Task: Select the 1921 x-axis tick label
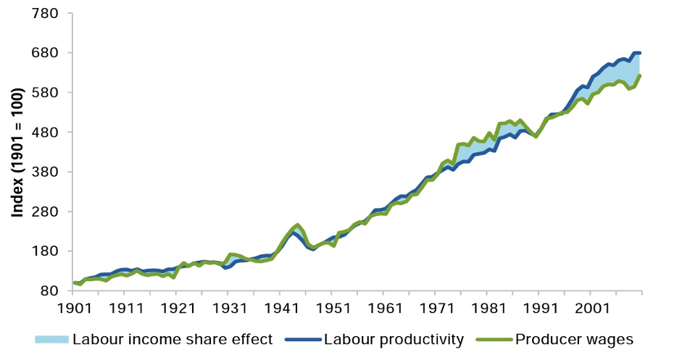(176, 308)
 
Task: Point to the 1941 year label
(280, 308)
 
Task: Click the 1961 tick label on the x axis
(383, 308)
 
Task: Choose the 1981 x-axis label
(487, 308)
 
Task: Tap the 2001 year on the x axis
(591, 308)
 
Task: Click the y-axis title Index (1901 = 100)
(17, 152)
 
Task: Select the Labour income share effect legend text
(173, 338)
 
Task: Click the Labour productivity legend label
(393, 338)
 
